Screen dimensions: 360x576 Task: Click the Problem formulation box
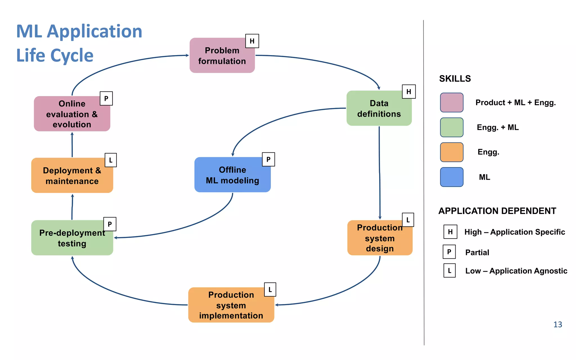coord(222,56)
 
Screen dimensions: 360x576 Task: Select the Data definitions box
coord(379,108)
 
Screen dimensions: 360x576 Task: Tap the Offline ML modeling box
coord(232,175)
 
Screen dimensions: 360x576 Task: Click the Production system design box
coord(380,238)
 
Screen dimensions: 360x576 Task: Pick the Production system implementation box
coord(231,305)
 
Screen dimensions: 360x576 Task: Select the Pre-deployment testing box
coord(72,238)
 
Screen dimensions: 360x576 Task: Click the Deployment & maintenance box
coord(72,175)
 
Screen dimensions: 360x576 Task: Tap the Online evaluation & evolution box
coord(72,114)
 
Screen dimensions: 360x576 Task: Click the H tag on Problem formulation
coord(252,41)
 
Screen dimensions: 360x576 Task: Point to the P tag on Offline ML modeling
coord(268,159)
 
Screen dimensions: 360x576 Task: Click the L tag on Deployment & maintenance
coord(111,160)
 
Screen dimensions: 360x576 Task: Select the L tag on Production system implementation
coord(270,289)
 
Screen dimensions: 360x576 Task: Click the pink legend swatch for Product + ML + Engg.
coord(452,103)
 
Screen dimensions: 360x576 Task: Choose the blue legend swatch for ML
coord(452,177)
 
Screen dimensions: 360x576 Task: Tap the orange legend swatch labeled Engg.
coord(452,152)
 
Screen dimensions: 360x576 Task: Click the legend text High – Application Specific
coord(514,232)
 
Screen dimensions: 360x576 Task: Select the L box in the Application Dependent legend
coord(449,271)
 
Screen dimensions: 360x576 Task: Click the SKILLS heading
coord(455,79)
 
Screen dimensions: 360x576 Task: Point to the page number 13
coord(557,325)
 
